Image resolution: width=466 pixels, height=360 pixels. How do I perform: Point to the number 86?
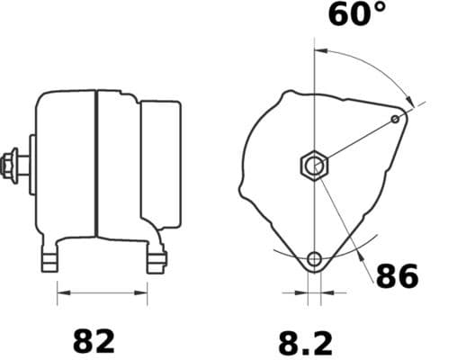397,276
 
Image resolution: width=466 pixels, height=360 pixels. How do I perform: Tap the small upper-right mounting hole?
396,119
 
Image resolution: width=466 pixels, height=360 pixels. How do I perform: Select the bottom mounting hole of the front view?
314,260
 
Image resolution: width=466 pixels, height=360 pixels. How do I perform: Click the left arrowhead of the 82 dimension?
62,292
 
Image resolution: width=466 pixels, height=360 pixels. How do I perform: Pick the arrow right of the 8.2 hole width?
327,292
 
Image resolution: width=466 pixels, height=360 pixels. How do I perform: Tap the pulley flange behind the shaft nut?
31,164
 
